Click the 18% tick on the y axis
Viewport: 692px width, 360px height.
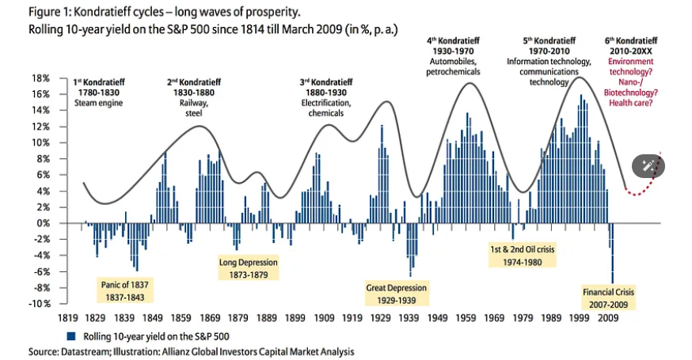pyautogui.click(x=40, y=78)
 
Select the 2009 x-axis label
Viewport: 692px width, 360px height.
pyautogui.click(x=609, y=318)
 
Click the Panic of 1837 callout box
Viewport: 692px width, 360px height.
pyautogui.click(x=125, y=290)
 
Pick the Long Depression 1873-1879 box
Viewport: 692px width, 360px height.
pyautogui.click(x=249, y=268)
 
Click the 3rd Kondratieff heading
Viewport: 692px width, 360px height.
pyautogui.click(x=326, y=82)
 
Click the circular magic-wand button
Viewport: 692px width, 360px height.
pyautogui.click(x=648, y=165)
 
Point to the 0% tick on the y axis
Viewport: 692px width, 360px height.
pyautogui.click(x=44, y=223)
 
